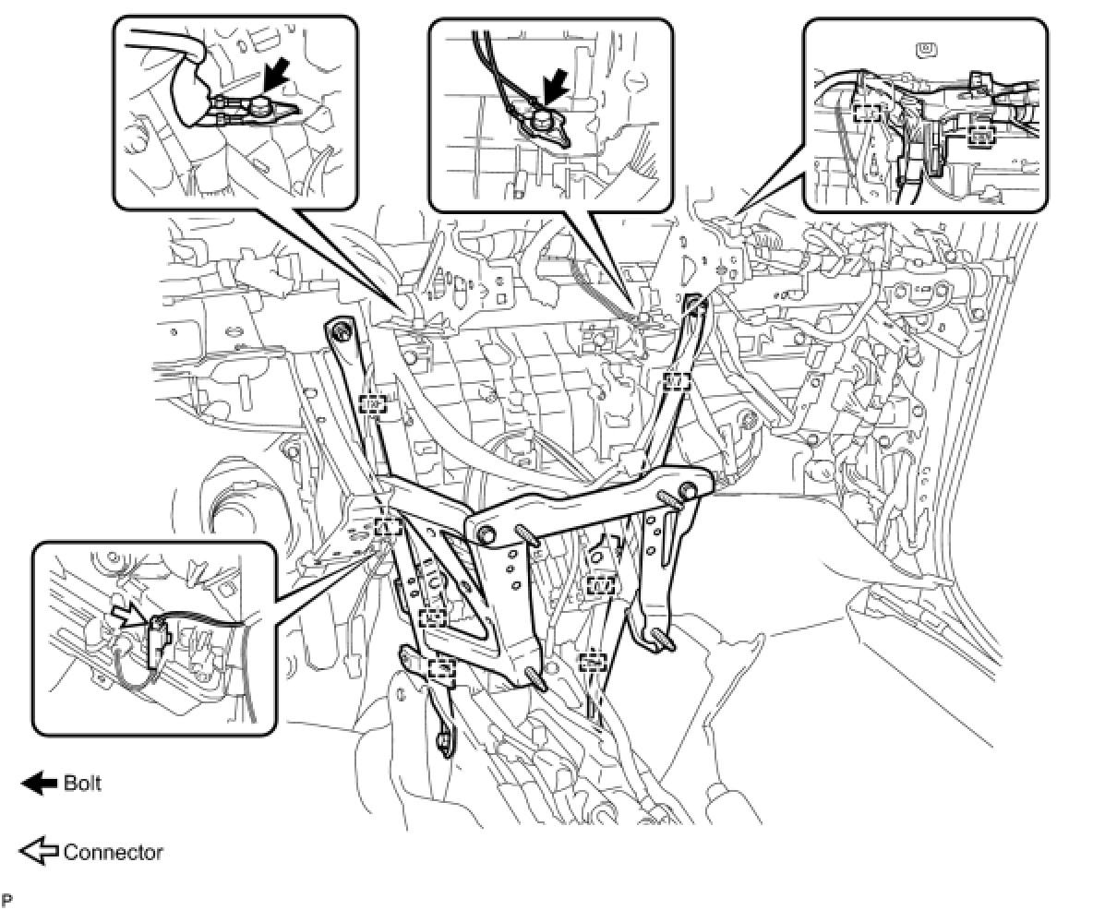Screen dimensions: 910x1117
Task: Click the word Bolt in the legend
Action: pos(82,784)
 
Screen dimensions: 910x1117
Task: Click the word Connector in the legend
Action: pos(113,852)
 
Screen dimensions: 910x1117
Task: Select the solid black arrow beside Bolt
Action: pos(39,784)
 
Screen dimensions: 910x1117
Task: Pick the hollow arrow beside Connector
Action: pos(39,852)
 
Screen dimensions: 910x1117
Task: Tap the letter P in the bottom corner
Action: pos(6,898)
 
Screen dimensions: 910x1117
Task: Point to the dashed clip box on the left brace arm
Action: pos(372,404)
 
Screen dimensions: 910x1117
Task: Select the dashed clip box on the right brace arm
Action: pos(677,380)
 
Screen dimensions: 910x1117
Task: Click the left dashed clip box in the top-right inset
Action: pos(867,113)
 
